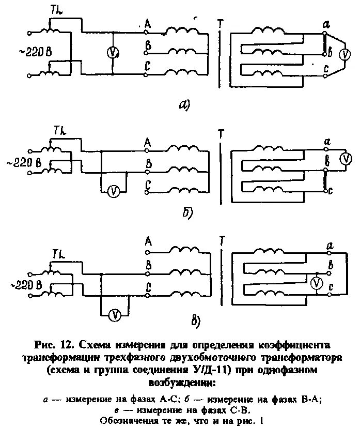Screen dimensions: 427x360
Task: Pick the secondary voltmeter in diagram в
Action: coord(318,282)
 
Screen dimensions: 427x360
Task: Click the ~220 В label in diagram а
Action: coord(34,52)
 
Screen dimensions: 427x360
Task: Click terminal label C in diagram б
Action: coord(148,185)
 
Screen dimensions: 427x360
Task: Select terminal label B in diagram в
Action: coord(148,265)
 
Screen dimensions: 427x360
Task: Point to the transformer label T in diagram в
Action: coord(222,241)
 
